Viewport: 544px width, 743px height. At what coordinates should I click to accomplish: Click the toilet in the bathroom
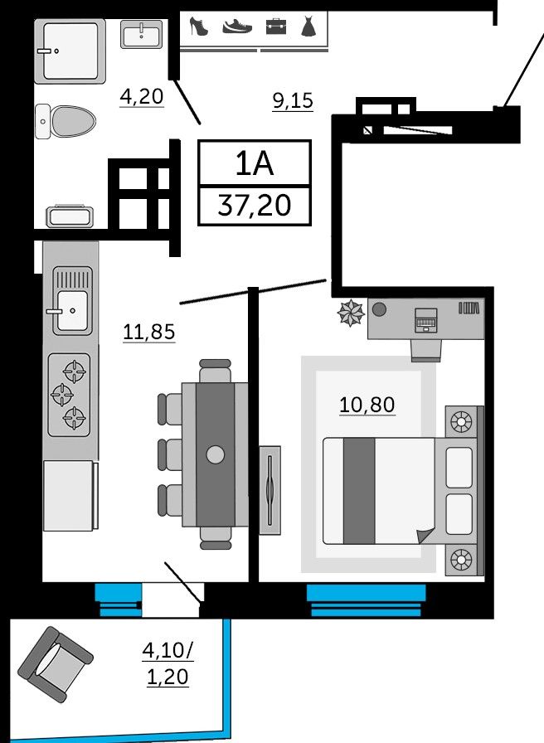click(x=66, y=121)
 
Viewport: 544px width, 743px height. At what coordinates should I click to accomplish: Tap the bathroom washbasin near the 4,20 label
click(x=142, y=34)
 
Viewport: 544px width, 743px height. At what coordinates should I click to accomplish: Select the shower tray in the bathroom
click(x=70, y=51)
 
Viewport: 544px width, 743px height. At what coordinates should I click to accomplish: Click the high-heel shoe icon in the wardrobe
click(x=198, y=26)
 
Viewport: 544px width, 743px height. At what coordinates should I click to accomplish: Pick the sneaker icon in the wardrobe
click(x=237, y=26)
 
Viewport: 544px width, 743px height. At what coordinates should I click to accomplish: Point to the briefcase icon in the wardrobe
click(x=276, y=26)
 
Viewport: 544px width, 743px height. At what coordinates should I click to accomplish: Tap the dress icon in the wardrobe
click(x=308, y=26)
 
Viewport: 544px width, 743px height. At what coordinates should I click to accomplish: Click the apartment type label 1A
click(x=255, y=164)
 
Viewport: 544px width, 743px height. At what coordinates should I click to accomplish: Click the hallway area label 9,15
click(x=293, y=100)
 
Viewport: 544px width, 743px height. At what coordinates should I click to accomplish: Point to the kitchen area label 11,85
click(x=148, y=332)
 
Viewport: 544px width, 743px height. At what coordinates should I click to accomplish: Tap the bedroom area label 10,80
click(x=367, y=405)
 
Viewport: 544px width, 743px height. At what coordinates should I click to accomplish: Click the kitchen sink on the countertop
click(x=72, y=300)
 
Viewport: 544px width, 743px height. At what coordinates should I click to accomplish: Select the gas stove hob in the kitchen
click(x=69, y=395)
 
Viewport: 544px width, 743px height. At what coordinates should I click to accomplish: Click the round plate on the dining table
click(x=215, y=454)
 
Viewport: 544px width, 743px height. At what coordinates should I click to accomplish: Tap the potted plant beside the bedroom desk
click(x=351, y=313)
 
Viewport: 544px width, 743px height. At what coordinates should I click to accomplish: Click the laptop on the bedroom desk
click(x=425, y=320)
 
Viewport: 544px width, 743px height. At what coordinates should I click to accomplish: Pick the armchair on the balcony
click(x=56, y=664)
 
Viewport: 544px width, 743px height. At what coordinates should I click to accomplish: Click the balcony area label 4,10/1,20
click(x=168, y=663)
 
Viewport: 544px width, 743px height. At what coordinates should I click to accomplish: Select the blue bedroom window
click(x=366, y=600)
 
